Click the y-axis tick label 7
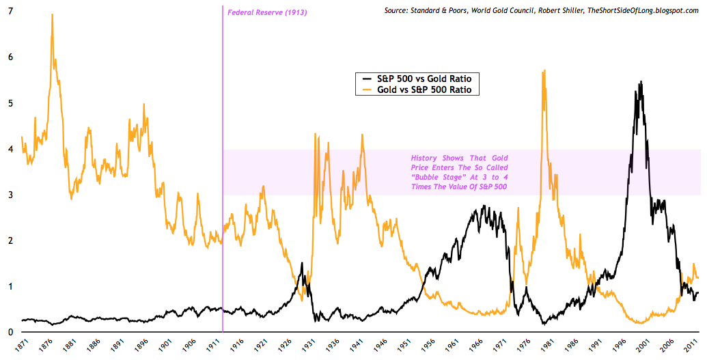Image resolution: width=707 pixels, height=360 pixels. (10, 12)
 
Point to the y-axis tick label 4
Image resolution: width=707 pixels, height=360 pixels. (10, 150)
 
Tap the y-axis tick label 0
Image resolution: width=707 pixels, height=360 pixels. (10, 333)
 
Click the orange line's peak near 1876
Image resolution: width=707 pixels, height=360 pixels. (53, 15)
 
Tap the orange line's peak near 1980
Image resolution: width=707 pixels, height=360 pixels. (544, 70)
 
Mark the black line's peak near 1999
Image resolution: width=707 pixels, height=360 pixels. (640, 81)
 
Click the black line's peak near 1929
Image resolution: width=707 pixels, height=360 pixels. (302, 263)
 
